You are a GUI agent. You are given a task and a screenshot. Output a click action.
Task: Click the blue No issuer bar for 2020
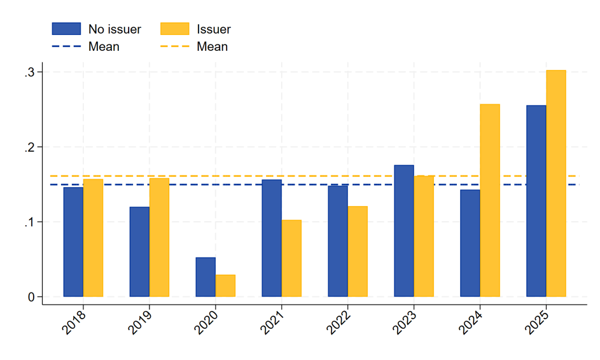206,277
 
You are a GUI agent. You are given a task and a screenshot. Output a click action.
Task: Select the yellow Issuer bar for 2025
556,183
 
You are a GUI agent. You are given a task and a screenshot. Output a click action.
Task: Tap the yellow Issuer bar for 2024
490,200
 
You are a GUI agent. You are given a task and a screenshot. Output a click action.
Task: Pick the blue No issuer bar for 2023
404,231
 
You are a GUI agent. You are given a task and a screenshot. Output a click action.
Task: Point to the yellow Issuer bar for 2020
225,286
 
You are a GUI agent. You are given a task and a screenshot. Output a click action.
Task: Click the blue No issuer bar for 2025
536,201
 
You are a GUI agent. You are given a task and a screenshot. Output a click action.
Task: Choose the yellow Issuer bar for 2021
291,258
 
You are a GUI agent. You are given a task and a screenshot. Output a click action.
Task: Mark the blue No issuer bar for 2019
140,252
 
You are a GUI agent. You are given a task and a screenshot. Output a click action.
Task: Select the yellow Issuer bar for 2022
358,251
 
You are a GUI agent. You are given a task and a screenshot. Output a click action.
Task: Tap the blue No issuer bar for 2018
73,242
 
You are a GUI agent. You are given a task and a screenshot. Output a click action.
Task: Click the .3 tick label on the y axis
29,73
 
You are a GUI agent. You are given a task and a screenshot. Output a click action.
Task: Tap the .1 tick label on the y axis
29,222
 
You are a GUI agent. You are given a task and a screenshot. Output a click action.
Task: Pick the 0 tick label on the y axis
31,297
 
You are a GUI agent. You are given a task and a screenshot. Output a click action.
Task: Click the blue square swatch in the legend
66,29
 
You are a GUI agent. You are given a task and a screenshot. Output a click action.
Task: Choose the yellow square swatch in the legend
175,29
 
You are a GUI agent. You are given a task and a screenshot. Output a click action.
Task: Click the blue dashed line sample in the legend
66,46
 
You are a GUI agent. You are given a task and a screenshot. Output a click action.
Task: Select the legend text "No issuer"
115,29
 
